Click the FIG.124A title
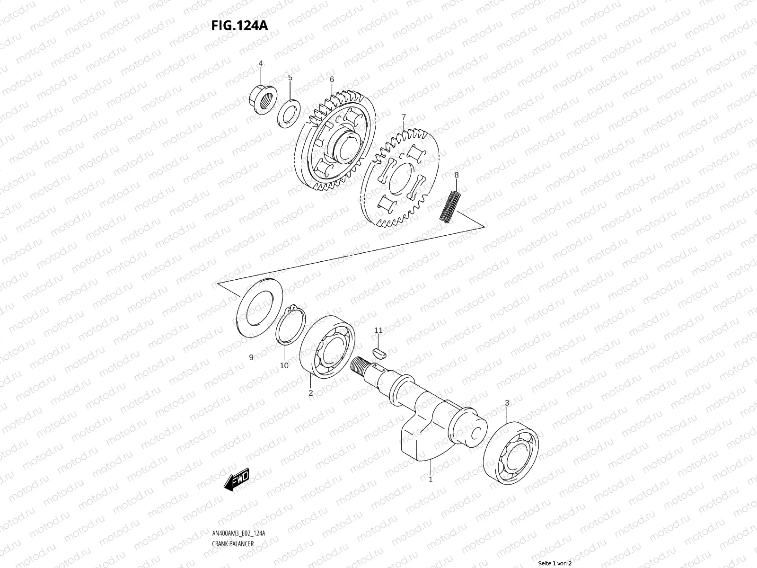coord(239,25)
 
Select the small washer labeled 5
coord(290,113)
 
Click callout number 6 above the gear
coord(332,79)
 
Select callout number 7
coord(404,116)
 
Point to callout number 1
coord(431,479)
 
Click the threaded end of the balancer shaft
coord(361,366)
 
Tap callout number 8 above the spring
coord(456,175)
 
